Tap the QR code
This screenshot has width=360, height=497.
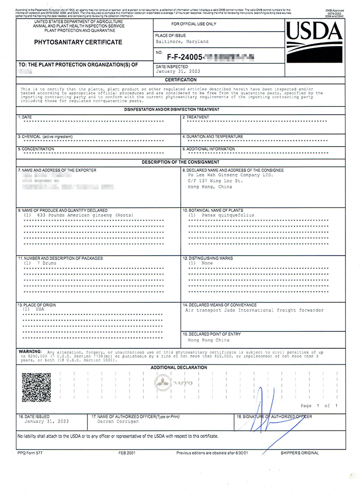click(36, 387)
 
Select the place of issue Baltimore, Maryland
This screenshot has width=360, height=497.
click(182, 42)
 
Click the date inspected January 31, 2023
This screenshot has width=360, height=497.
click(178, 71)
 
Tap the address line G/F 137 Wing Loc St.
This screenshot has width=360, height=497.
click(215, 181)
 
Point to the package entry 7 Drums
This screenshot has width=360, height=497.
click(47, 263)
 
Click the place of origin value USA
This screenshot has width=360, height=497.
click(40, 309)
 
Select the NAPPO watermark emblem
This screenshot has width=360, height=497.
click(173, 383)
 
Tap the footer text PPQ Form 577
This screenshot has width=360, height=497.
click(31, 453)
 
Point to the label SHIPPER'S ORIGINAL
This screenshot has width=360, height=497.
click(299, 453)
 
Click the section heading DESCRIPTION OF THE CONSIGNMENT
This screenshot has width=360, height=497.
click(180, 162)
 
